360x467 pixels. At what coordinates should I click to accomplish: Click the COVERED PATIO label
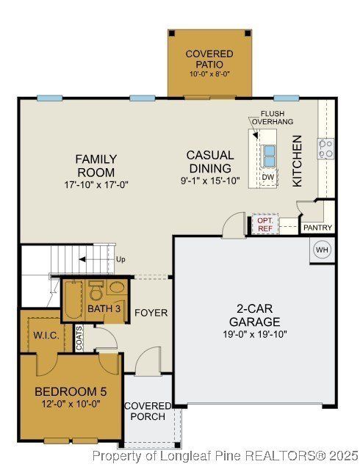click(209, 59)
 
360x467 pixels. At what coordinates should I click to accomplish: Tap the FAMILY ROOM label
click(96, 165)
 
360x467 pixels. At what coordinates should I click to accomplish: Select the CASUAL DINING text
click(210, 162)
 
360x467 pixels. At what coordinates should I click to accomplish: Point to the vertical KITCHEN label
click(298, 160)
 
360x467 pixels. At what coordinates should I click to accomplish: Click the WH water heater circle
click(322, 250)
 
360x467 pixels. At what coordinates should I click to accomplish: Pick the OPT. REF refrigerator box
click(264, 225)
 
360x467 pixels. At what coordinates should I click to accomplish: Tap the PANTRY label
click(318, 228)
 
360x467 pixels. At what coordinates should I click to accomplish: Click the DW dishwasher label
click(268, 178)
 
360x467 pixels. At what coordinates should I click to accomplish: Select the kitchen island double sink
click(269, 156)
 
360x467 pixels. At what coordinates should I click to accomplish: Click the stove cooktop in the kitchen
click(325, 148)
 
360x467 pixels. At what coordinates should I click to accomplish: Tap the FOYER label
click(151, 313)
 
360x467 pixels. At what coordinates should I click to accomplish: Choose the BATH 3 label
click(104, 308)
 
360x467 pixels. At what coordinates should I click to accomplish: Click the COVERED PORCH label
click(147, 412)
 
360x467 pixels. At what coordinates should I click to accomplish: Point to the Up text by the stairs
click(120, 259)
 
